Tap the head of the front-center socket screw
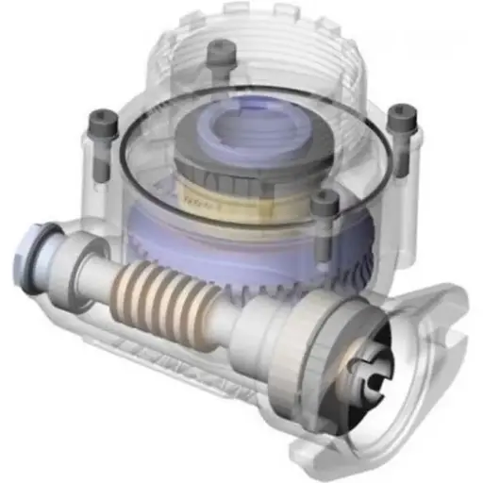(325, 201)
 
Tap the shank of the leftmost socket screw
(101, 160)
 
